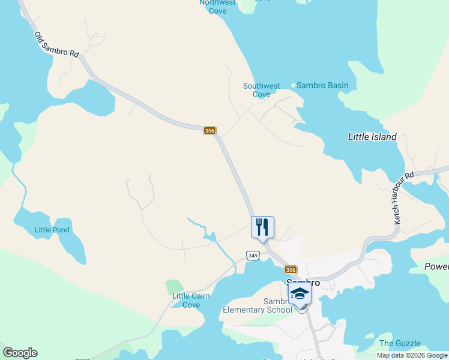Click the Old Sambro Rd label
[56, 45]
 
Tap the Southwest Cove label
[261, 90]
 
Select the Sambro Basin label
[322, 85]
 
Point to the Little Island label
[372, 137]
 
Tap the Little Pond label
[52, 230]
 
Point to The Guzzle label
[400, 343]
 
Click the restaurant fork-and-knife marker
[262, 227]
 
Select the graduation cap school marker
[300, 293]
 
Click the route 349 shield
[253, 256]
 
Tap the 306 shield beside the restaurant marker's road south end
[291, 270]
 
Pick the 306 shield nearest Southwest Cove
[209, 131]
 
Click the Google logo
[20, 353]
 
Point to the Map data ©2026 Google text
[412, 355]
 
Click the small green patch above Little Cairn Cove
[174, 287]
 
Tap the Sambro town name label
[303, 282]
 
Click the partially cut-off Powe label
[436, 266]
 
